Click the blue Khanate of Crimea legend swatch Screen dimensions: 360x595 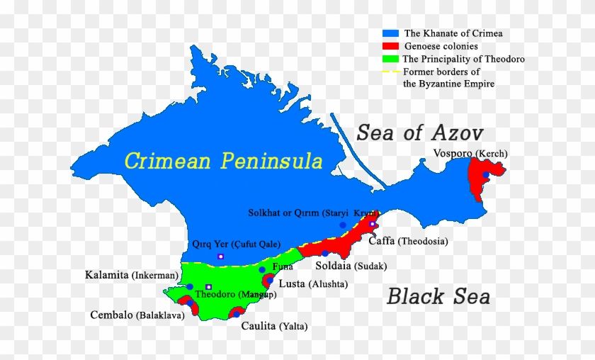point(391,33)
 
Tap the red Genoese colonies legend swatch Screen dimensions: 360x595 point(391,46)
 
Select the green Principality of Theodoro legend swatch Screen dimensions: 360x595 point(391,60)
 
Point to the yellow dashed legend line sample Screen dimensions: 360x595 point(391,72)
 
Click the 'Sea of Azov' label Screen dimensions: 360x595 point(419,133)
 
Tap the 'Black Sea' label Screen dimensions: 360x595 point(438,296)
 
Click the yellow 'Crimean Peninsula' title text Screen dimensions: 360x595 point(223,161)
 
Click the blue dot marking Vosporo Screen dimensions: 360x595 point(486,174)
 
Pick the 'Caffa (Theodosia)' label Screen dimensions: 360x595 point(408,241)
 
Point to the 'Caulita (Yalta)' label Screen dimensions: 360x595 point(273,326)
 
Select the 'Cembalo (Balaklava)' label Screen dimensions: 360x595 point(137,315)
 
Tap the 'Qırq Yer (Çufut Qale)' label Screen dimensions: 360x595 point(231,244)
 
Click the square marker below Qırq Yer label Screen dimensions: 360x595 point(220,256)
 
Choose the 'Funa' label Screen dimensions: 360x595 point(283,267)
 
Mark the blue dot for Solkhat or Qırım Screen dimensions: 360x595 point(343,225)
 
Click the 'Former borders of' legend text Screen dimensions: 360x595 point(441,72)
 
